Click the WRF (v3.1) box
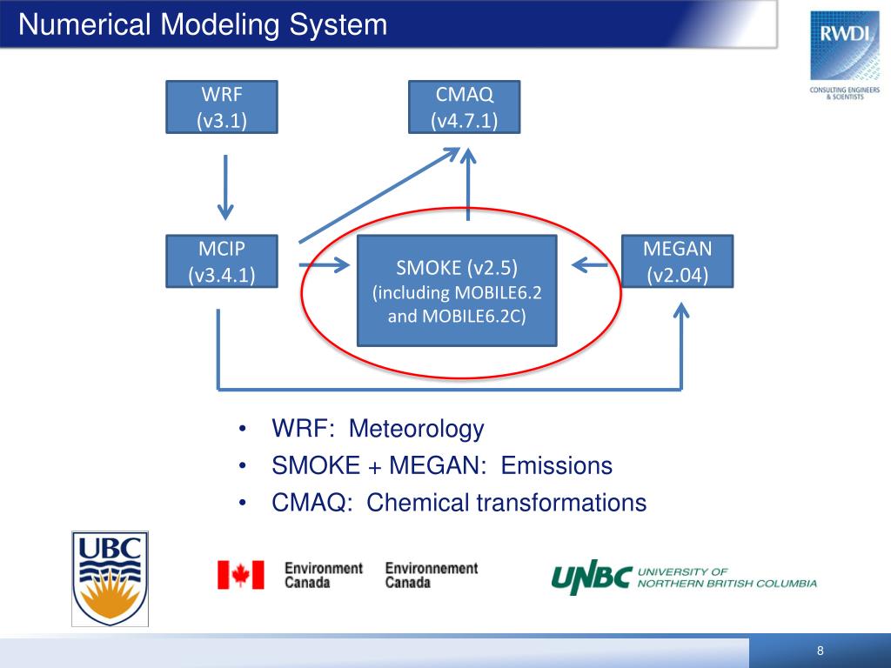coord(222,106)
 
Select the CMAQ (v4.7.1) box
coord(464,106)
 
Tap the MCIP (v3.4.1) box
coord(222,261)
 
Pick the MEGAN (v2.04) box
coord(677,261)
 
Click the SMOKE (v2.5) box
coord(458,290)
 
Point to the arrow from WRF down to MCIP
coord(225,187)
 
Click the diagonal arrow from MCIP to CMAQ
coord(379,196)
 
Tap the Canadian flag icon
coord(240,575)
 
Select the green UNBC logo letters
coord(591,578)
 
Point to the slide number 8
coord(820,652)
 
